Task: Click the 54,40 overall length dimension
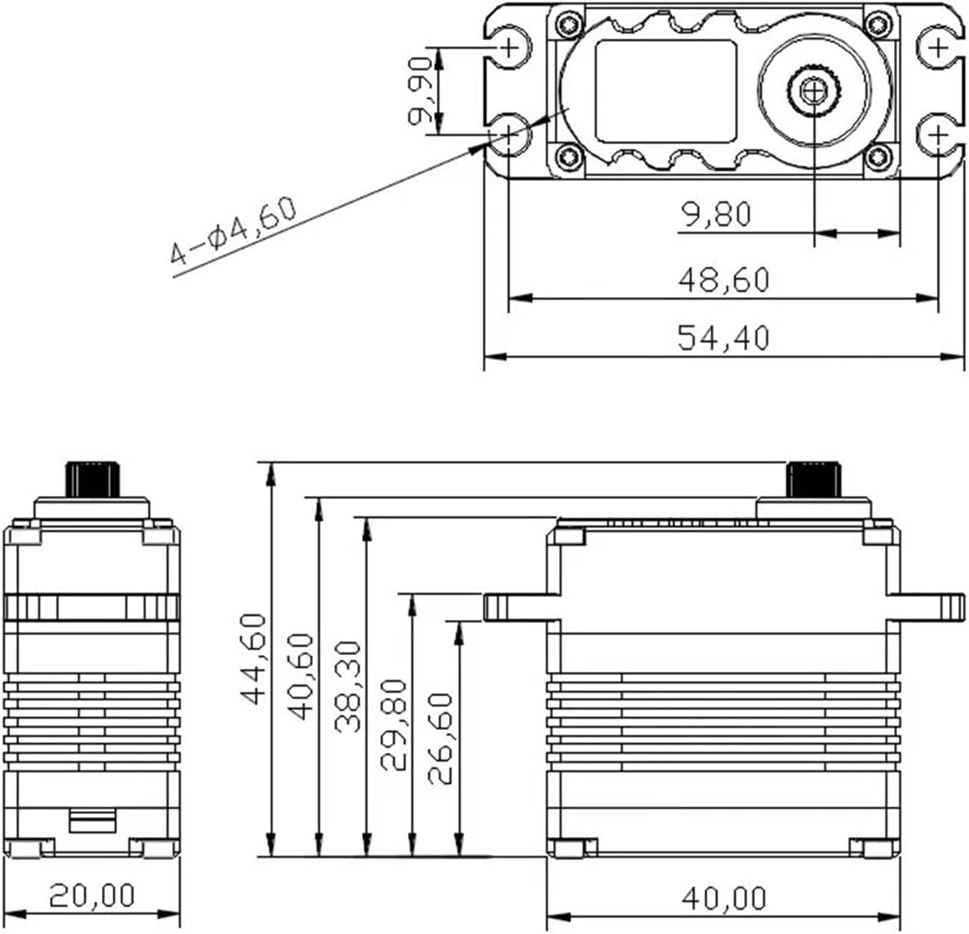[723, 337]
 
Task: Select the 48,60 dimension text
[723, 280]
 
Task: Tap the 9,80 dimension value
[716, 215]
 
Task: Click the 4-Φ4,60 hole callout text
[233, 231]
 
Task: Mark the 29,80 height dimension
[395, 724]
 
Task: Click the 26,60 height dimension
[441, 738]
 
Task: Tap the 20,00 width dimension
[91, 896]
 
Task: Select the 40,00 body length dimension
[723, 898]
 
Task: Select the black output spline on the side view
[812, 478]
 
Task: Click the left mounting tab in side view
[520, 607]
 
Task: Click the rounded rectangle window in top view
[666, 91]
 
